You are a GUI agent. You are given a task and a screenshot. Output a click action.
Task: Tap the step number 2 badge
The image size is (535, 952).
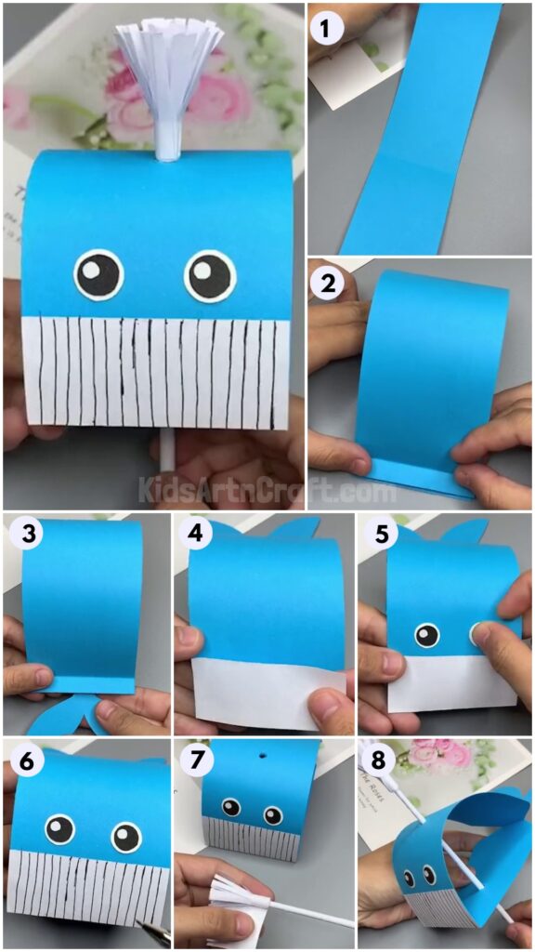tap(328, 284)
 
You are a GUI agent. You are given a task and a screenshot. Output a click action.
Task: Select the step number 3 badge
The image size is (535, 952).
tap(26, 536)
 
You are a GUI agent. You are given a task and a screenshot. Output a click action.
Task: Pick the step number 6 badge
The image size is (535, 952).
tap(26, 761)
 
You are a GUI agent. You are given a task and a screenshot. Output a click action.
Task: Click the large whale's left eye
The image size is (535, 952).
tap(98, 273)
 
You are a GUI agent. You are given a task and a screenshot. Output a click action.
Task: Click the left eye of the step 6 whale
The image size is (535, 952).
tap(59, 827)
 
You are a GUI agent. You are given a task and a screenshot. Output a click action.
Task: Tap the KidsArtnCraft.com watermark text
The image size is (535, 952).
tap(267, 486)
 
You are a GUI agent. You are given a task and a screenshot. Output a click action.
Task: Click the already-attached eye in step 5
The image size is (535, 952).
tap(426, 636)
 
